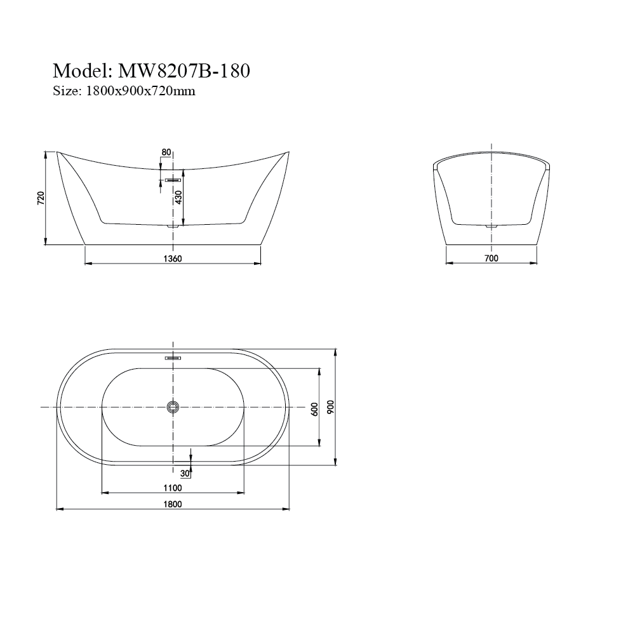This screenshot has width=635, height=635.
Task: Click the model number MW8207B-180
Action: pyautogui.click(x=181, y=70)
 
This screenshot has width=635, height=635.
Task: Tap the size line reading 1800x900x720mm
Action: pyautogui.click(x=137, y=91)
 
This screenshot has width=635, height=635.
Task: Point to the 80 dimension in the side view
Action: pyautogui.click(x=166, y=152)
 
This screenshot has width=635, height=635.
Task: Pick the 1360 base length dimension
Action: pyautogui.click(x=173, y=258)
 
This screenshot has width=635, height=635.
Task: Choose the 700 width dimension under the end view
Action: pyautogui.click(x=491, y=258)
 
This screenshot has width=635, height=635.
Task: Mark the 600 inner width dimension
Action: pyautogui.click(x=314, y=409)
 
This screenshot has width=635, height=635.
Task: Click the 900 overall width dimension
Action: pyautogui.click(x=330, y=407)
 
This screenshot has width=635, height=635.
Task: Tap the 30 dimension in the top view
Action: pyautogui.click(x=185, y=473)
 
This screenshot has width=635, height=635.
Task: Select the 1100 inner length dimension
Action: pyautogui.click(x=172, y=488)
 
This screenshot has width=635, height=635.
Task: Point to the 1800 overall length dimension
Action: pyautogui.click(x=173, y=504)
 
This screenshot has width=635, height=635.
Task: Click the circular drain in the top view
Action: pyautogui.click(x=173, y=407)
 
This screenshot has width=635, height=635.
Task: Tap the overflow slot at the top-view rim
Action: pyautogui.click(x=173, y=359)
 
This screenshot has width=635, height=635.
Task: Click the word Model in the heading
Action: pyautogui.click(x=80, y=70)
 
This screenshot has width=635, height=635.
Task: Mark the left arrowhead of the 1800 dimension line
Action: pyautogui.click(x=59, y=509)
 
